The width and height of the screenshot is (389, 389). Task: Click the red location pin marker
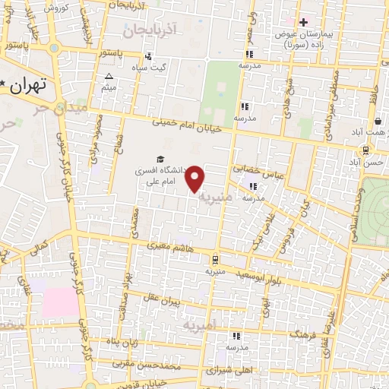pos(196,178)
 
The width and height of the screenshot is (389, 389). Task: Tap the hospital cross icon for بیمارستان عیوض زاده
pos(303,22)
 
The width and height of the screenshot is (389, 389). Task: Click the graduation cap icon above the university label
pos(160,159)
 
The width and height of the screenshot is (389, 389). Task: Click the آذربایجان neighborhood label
pos(152,30)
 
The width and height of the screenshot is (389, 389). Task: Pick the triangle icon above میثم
pos(109,76)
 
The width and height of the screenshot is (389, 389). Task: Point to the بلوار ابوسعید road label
pos(258,273)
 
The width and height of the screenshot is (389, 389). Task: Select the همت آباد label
pos(372,133)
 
